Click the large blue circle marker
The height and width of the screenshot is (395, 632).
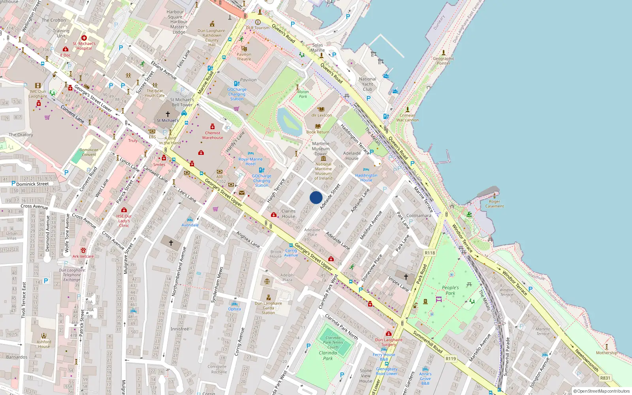click(x=316, y=197)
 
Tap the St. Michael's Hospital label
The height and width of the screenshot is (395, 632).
click(x=84, y=46)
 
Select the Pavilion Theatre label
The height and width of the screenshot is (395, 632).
click(x=244, y=57)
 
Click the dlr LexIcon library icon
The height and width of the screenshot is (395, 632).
click(x=321, y=109)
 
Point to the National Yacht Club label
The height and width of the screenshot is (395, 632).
click(x=367, y=84)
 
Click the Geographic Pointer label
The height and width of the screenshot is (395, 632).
click(x=444, y=61)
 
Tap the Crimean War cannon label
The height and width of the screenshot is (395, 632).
click(x=407, y=118)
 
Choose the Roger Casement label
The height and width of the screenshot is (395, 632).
click(x=495, y=204)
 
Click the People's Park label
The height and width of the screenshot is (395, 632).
click(x=450, y=290)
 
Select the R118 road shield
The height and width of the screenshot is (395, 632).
click(x=430, y=253)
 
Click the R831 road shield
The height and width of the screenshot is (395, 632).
click(x=605, y=378)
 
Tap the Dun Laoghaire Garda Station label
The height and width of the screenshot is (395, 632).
click(x=268, y=308)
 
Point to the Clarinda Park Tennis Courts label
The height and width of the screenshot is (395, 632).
click(x=333, y=342)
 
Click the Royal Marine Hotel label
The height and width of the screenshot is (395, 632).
click(x=250, y=162)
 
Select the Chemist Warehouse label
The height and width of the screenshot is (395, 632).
click(x=213, y=135)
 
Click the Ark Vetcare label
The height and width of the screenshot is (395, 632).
click(x=83, y=256)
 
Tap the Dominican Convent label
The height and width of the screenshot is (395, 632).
click(x=89, y=152)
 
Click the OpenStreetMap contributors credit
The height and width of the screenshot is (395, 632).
click(x=602, y=391)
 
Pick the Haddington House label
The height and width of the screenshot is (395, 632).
click(x=366, y=178)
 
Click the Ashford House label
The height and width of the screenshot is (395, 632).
click(x=44, y=344)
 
